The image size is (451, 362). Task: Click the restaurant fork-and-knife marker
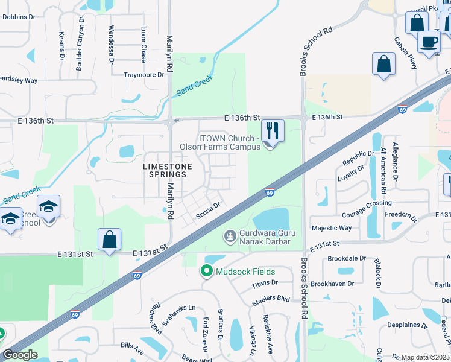pyautogui.click(x=273, y=130)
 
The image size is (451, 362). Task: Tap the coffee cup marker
pyautogui.click(x=429, y=42)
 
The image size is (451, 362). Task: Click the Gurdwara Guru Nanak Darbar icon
pyautogui.click(x=229, y=235)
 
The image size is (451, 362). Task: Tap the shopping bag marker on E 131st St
pyautogui.click(x=110, y=240)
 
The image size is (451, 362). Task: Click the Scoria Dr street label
pyautogui.click(x=209, y=214)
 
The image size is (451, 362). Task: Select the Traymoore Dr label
pyautogui.click(x=144, y=75)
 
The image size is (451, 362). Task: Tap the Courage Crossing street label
pyautogui.click(x=367, y=203)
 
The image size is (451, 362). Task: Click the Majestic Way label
pyautogui.click(x=332, y=228)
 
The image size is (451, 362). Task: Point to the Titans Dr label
pyautogui.click(x=265, y=282)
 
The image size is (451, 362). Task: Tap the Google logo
pyautogui.click(x=20, y=355)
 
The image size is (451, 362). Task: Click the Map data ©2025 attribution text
pyautogui.click(x=424, y=357)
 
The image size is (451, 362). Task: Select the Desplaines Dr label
pyautogui.click(x=416, y=325)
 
